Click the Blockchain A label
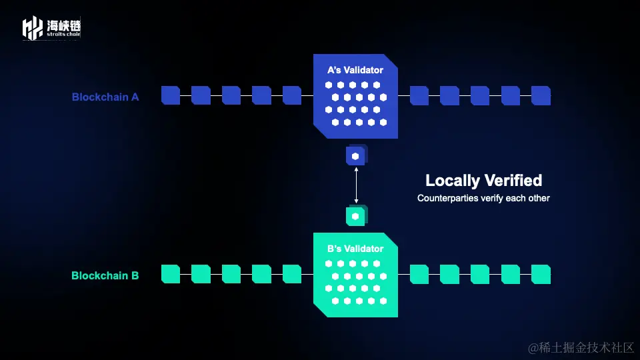(x=105, y=97)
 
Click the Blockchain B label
(x=105, y=275)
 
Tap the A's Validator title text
(x=355, y=70)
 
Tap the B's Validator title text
(x=355, y=249)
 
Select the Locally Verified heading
(x=483, y=180)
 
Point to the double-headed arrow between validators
(x=356, y=185)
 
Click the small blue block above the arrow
(x=356, y=156)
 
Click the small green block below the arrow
(x=356, y=216)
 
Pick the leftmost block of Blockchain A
(x=171, y=95)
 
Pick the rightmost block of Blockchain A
(x=541, y=95)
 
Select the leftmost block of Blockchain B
(x=171, y=274)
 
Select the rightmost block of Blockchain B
(x=541, y=274)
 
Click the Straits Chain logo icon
(x=33, y=28)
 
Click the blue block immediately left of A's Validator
(x=292, y=95)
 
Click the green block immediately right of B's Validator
(x=419, y=274)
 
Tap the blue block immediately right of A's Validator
(x=419, y=95)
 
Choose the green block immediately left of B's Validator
(x=292, y=274)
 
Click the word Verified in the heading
(x=513, y=180)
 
